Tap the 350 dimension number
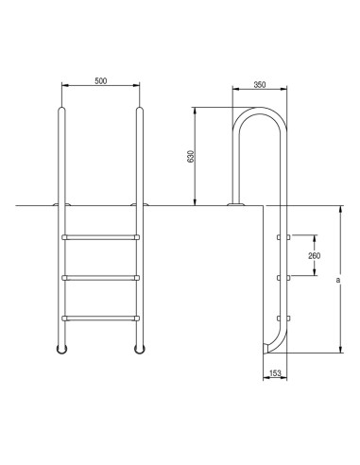[260, 85]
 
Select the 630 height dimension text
[190, 157]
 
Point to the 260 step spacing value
[313, 255]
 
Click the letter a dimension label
[337, 280]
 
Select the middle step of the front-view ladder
[101, 277]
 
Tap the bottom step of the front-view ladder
[101, 318]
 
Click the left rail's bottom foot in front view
[62, 350]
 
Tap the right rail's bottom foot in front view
[140, 350]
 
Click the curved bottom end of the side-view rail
[269, 349]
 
